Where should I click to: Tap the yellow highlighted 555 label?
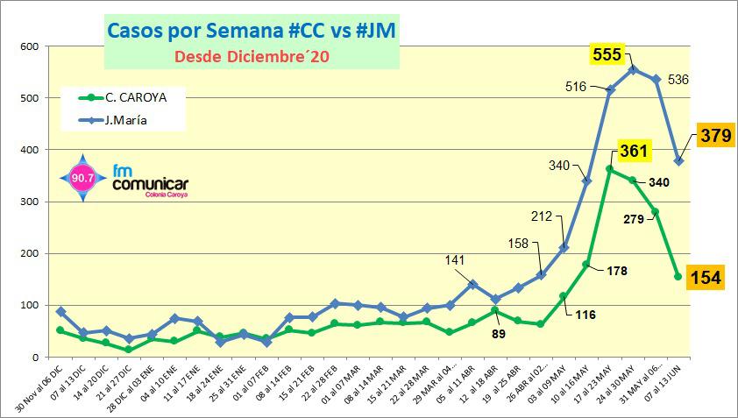pos(607,55)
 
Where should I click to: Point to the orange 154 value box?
pos(706,278)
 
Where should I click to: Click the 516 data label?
pos(576,86)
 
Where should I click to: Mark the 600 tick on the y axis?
pos(29,46)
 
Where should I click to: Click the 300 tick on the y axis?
pos(29,202)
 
